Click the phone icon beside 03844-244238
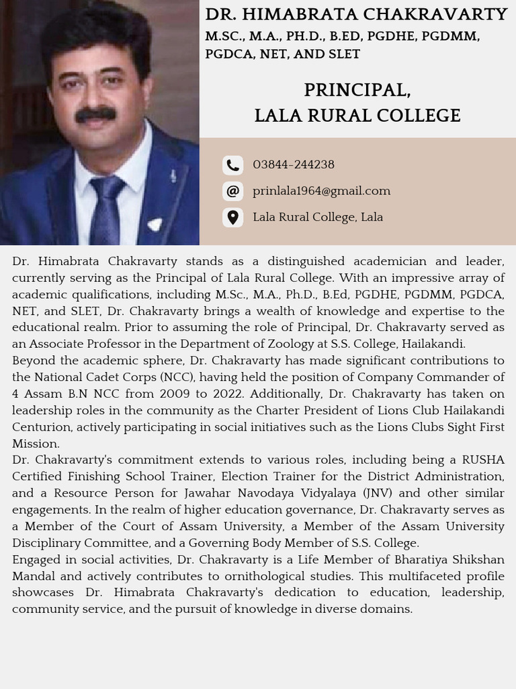click(232, 165)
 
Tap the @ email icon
click(232, 191)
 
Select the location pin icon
click(232, 217)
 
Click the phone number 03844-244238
click(293, 165)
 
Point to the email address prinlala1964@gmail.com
click(321, 191)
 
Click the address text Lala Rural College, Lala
click(317, 217)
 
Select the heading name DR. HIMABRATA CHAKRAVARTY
click(356, 14)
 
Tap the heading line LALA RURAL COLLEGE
click(357, 116)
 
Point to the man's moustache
click(95, 114)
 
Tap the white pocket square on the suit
click(155, 224)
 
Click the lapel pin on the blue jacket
click(173, 176)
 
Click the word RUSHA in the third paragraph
click(483, 460)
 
